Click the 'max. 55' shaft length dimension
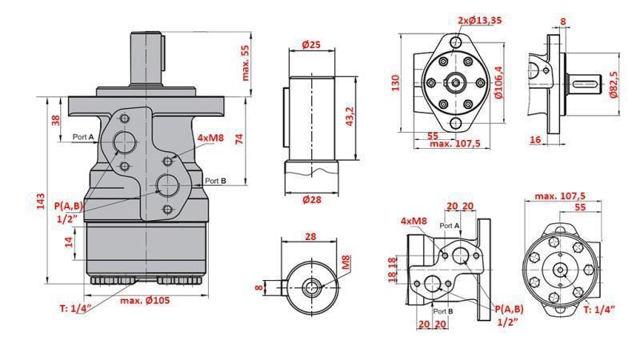(x=246, y=62)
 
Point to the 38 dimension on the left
(x=55, y=120)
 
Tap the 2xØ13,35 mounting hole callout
(x=481, y=20)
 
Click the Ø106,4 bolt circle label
(x=499, y=82)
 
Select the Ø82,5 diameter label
(x=614, y=84)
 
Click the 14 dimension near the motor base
(x=70, y=241)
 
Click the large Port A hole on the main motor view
(x=125, y=142)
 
